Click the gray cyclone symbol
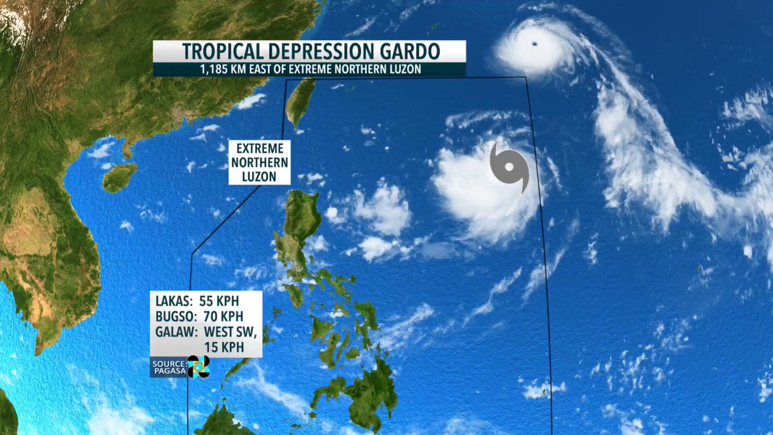509,167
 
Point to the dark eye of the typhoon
535,44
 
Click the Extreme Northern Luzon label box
259,162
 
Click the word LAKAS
173,301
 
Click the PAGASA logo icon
198,367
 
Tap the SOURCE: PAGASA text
168,367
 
